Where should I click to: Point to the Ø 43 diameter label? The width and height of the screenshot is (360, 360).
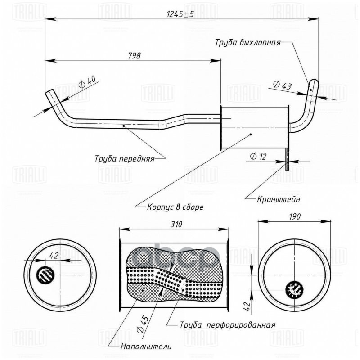click(282, 85)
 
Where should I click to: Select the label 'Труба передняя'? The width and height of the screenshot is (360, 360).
click(124, 158)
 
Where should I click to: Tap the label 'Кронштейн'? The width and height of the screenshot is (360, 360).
click(279, 198)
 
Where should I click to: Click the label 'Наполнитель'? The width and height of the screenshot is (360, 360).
click(146, 346)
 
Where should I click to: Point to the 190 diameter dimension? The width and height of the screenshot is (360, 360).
click(295, 216)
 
